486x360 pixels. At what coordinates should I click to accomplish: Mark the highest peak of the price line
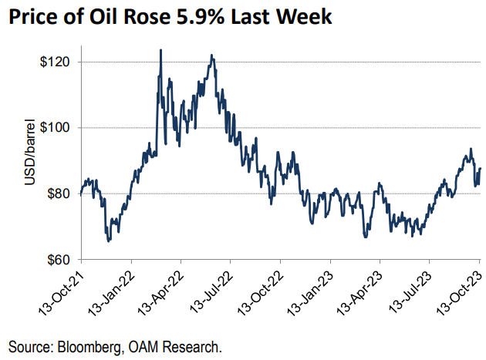tap(160, 50)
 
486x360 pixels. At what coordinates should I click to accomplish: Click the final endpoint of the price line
tap(481, 169)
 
